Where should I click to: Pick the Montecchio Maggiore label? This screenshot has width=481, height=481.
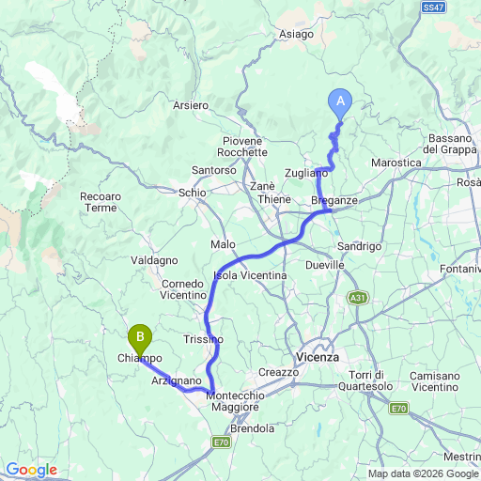tap(232, 402)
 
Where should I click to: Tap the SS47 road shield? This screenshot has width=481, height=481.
tap(433, 7)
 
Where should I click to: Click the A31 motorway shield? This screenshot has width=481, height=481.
tap(357, 298)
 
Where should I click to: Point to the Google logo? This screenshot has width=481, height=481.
tap(31, 470)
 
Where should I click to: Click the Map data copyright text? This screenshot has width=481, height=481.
tap(423, 473)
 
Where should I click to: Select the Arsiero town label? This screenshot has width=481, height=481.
tap(190, 105)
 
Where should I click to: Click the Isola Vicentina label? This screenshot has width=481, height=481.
tap(250, 275)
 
